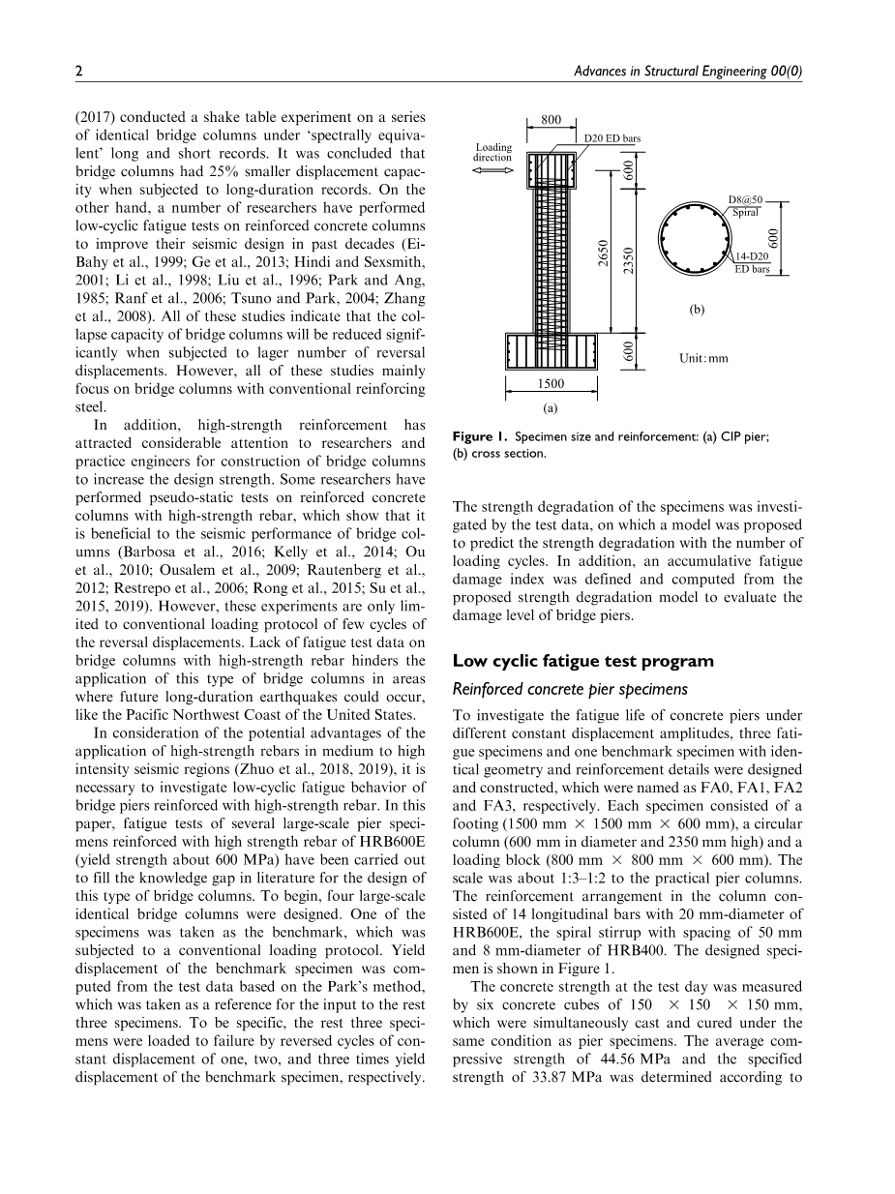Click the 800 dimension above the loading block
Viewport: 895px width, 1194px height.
tap(551, 120)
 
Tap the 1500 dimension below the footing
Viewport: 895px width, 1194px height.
tap(552, 384)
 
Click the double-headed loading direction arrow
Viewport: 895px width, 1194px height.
tap(492, 170)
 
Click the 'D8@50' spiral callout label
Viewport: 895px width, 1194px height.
tap(745, 201)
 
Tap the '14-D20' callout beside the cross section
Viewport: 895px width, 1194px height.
tap(751, 257)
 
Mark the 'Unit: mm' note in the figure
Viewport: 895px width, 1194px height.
tap(703, 358)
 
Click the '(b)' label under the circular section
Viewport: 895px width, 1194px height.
tap(697, 310)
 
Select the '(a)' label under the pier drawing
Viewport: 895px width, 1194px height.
tap(551, 409)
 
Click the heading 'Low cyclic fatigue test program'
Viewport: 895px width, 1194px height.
tap(582, 661)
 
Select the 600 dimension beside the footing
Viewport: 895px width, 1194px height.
tap(629, 353)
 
